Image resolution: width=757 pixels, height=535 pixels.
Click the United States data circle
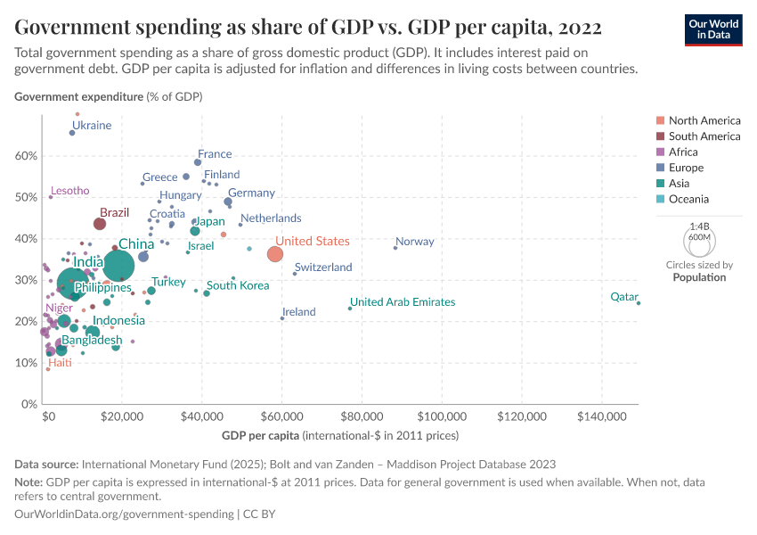(275, 254)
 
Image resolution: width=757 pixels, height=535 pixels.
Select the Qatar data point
(639, 303)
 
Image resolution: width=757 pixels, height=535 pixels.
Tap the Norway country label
(414, 242)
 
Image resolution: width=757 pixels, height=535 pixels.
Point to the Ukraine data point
(72, 133)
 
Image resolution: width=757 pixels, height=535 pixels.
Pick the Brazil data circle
(100, 224)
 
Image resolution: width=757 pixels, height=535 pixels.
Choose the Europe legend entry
(686, 168)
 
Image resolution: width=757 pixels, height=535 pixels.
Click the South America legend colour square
(659, 136)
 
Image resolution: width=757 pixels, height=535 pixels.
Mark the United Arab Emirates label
(403, 302)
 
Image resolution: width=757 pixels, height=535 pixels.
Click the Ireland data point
(282, 318)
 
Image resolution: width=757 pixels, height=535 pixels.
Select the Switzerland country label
(323, 267)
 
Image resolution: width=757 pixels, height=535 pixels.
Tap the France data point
(198, 162)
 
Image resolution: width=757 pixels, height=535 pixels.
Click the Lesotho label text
(70, 191)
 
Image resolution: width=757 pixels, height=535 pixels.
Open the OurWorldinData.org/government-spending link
(124, 514)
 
